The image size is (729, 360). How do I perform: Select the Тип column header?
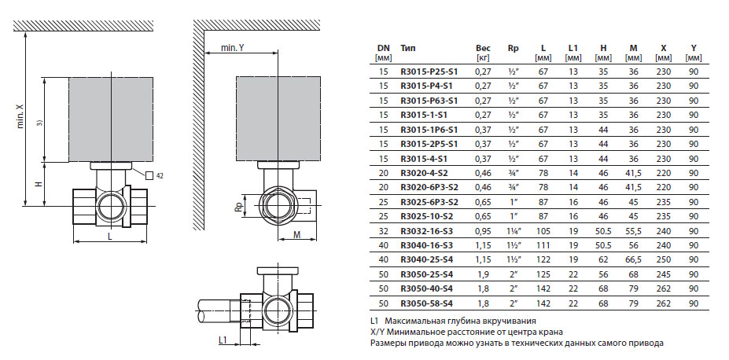(408, 47)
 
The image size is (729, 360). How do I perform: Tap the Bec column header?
(483, 47)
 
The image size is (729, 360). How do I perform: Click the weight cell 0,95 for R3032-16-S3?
(483, 232)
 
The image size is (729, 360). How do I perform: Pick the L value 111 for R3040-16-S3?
(543, 246)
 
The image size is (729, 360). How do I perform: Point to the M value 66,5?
(633, 260)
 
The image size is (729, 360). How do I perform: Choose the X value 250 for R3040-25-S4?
(663, 260)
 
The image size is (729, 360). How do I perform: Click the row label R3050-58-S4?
(426, 303)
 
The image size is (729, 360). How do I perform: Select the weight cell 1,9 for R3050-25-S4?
(483, 275)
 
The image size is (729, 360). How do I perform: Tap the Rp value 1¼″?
(514, 232)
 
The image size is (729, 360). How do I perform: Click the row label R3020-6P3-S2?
(429, 188)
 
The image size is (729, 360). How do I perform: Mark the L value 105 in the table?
(543, 232)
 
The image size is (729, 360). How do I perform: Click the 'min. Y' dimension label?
(234, 48)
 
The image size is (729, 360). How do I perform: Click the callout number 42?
(160, 175)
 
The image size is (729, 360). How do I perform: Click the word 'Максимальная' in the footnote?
(418, 321)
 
